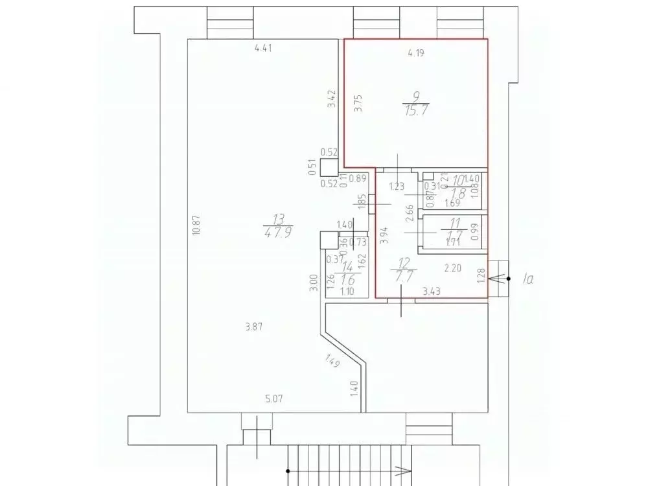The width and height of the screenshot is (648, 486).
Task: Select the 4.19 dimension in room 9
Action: (415, 54)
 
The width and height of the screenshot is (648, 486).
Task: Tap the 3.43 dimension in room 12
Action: (432, 292)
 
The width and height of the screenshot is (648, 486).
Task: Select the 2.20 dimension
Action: (452, 266)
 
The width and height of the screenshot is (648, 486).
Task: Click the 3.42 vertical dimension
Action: (331, 98)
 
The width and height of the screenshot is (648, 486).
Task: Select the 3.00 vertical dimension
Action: (313, 284)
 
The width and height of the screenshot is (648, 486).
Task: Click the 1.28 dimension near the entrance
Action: (480, 276)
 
